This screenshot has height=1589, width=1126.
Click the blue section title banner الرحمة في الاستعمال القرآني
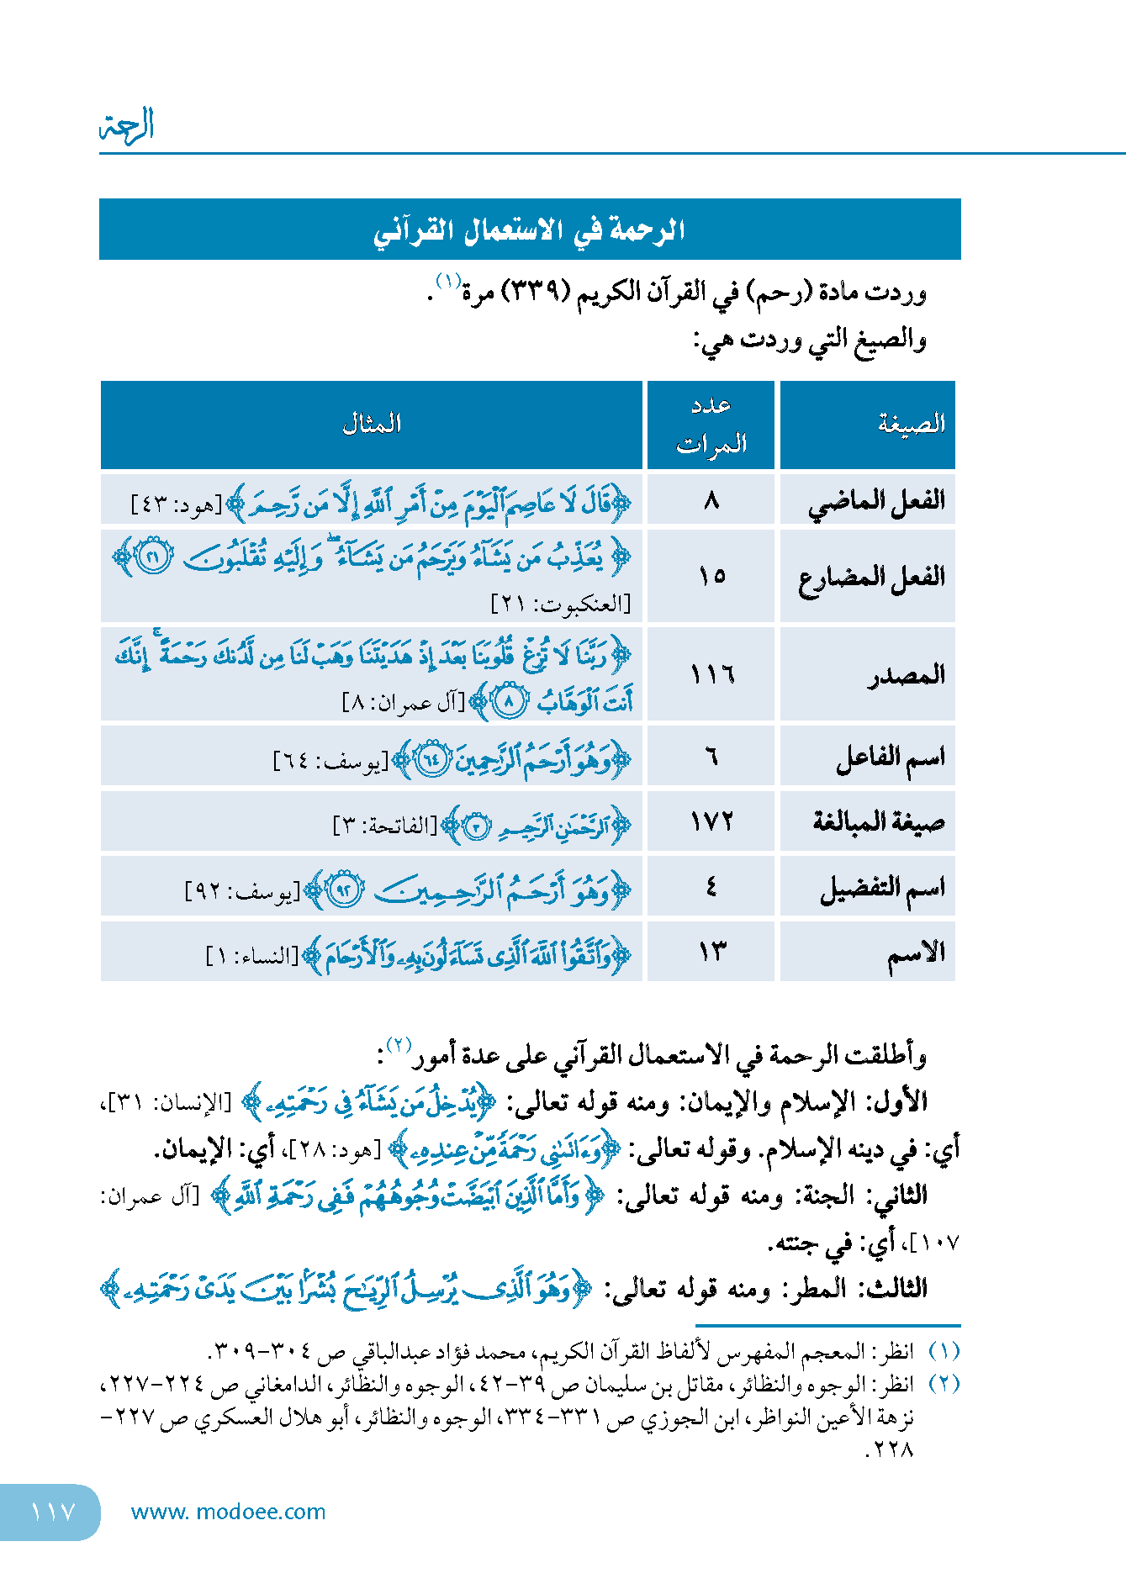[x=530, y=230]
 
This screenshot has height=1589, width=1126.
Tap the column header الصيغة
[x=912, y=424]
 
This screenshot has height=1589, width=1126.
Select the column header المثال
[x=371, y=424]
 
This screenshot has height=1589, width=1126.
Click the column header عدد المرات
[x=711, y=425]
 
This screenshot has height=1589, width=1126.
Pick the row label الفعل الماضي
[x=876, y=502]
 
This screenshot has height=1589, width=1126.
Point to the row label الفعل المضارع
[x=871, y=578]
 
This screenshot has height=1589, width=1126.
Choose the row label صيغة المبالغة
[x=878, y=821]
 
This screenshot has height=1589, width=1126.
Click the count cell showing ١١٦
[x=711, y=674]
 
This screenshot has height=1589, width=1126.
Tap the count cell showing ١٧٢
[x=711, y=821]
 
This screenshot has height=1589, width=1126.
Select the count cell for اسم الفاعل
[x=711, y=757]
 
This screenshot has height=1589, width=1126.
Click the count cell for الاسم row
[x=711, y=952]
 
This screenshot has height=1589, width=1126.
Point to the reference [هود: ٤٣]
[x=177, y=505]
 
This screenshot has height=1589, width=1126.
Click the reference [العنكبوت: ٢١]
[x=561, y=603]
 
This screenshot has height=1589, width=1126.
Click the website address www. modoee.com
[x=228, y=1512]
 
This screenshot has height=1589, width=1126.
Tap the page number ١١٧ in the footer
[x=52, y=1512]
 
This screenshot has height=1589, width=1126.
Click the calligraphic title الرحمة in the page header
[x=127, y=126]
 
